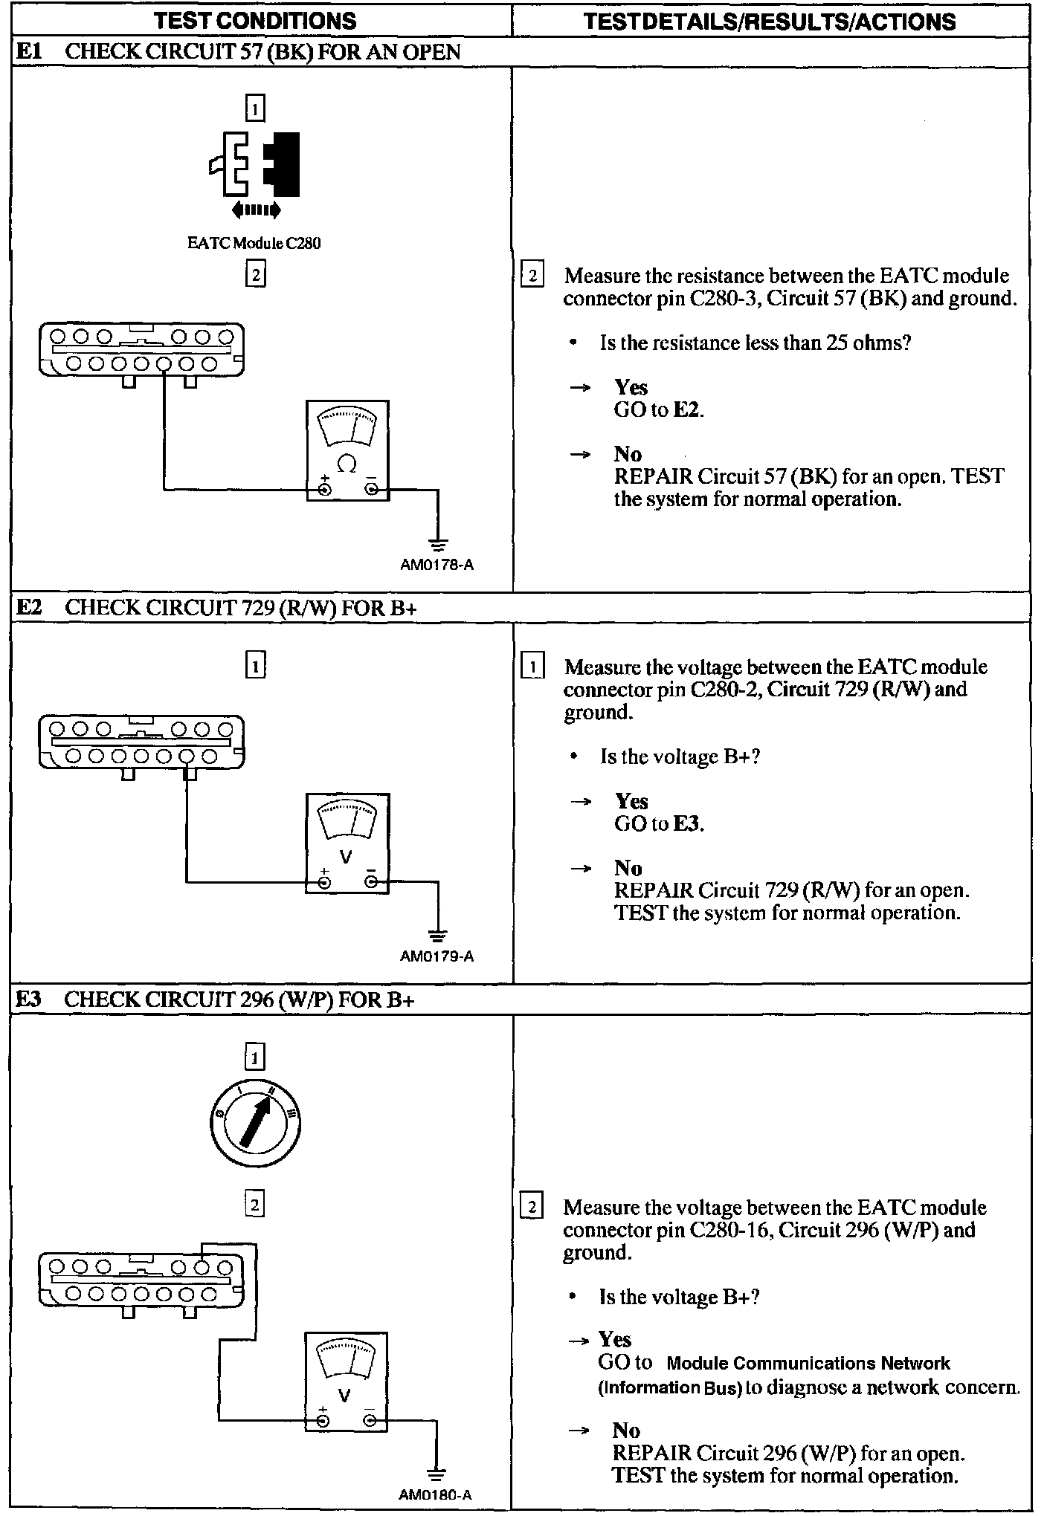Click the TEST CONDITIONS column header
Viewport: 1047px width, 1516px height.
click(x=255, y=21)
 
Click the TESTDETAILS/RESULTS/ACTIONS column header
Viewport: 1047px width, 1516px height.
click(x=770, y=21)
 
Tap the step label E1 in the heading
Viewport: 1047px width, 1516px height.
click(x=30, y=52)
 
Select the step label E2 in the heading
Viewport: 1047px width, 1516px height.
click(x=30, y=607)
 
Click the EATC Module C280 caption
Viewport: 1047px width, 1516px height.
click(x=254, y=243)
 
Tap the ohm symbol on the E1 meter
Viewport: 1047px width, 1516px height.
click(x=347, y=464)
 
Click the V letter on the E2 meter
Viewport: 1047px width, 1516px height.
click(x=346, y=857)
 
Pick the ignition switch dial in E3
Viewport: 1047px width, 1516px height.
click(x=254, y=1120)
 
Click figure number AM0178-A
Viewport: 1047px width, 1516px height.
click(x=436, y=565)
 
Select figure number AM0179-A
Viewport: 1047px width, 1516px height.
click(x=436, y=956)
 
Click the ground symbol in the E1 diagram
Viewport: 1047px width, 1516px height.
click(x=438, y=545)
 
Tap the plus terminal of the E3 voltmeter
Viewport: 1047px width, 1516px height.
click(x=323, y=1422)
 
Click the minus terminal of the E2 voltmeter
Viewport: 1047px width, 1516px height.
click(x=371, y=882)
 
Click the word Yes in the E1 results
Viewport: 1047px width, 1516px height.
click(x=631, y=387)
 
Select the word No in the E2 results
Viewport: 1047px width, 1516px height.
click(x=628, y=868)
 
